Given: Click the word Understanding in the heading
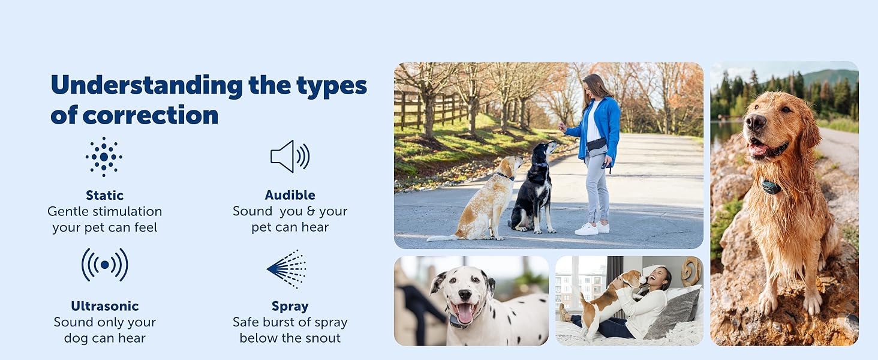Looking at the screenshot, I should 146,86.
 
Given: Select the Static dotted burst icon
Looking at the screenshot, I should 104,157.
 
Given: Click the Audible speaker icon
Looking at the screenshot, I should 290,157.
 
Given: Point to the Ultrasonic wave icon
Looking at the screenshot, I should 105,265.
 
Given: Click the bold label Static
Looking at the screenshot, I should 104,195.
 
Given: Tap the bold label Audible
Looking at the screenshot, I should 290,195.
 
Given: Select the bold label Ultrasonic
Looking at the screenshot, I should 104,306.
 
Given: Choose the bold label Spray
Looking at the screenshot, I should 290,306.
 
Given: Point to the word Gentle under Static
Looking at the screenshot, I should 70,211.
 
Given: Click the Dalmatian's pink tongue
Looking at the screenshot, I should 465,313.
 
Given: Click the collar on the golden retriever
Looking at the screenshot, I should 771,187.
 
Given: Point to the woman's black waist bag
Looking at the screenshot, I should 597,144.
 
